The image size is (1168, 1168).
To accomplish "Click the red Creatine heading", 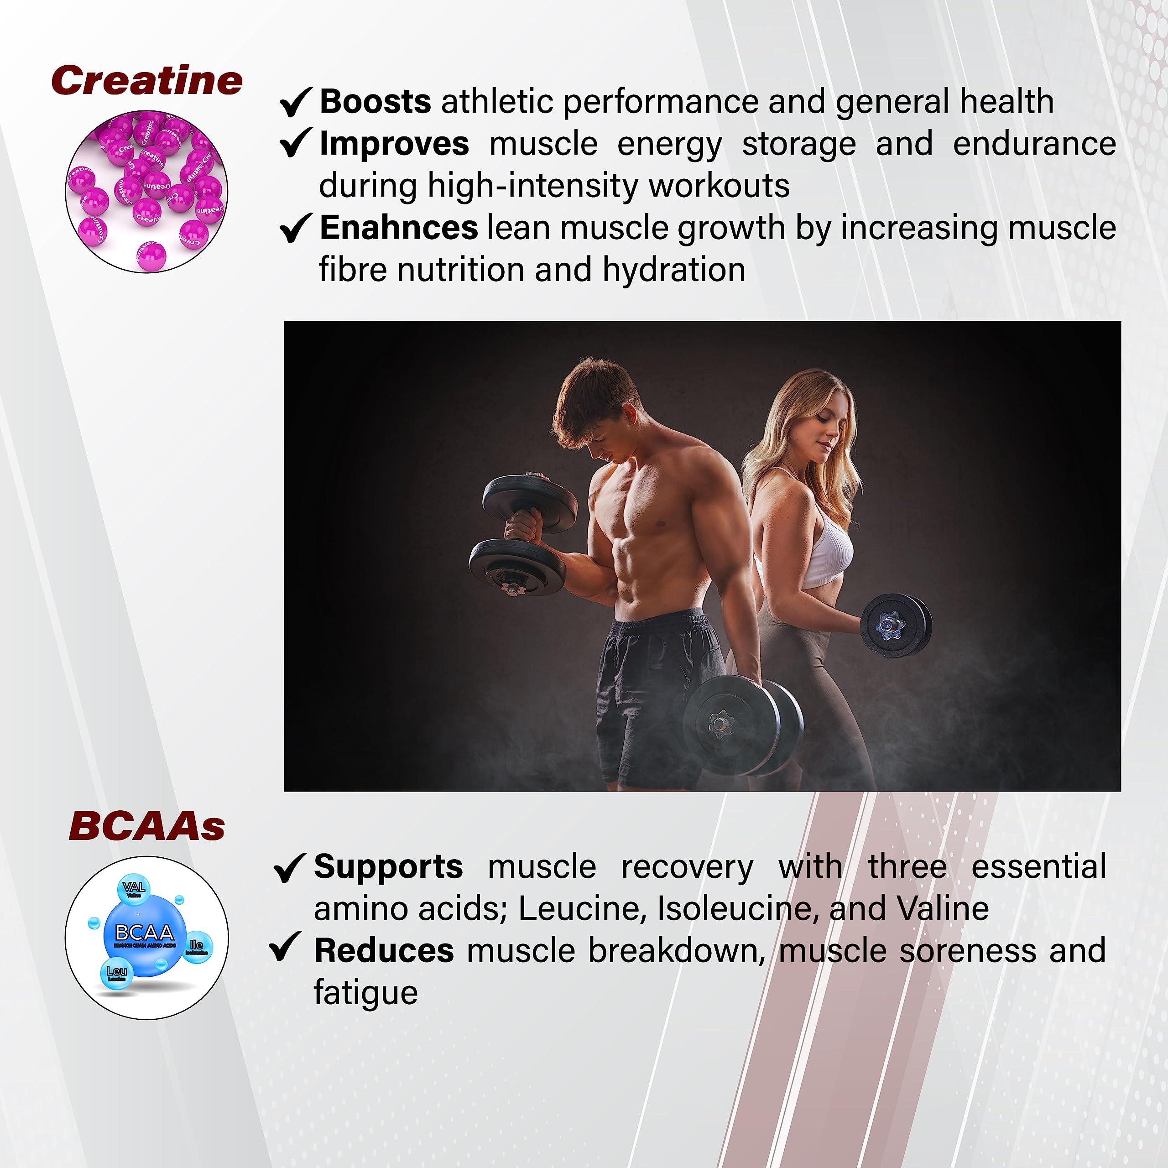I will click(147, 80).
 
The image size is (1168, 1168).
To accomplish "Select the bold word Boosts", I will click(375, 102).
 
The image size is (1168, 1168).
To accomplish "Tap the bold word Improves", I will click(394, 144).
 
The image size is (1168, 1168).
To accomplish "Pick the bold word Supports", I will click(388, 866).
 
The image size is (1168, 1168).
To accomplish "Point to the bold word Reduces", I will click(384, 950).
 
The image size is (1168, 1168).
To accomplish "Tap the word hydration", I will click(673, 270).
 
